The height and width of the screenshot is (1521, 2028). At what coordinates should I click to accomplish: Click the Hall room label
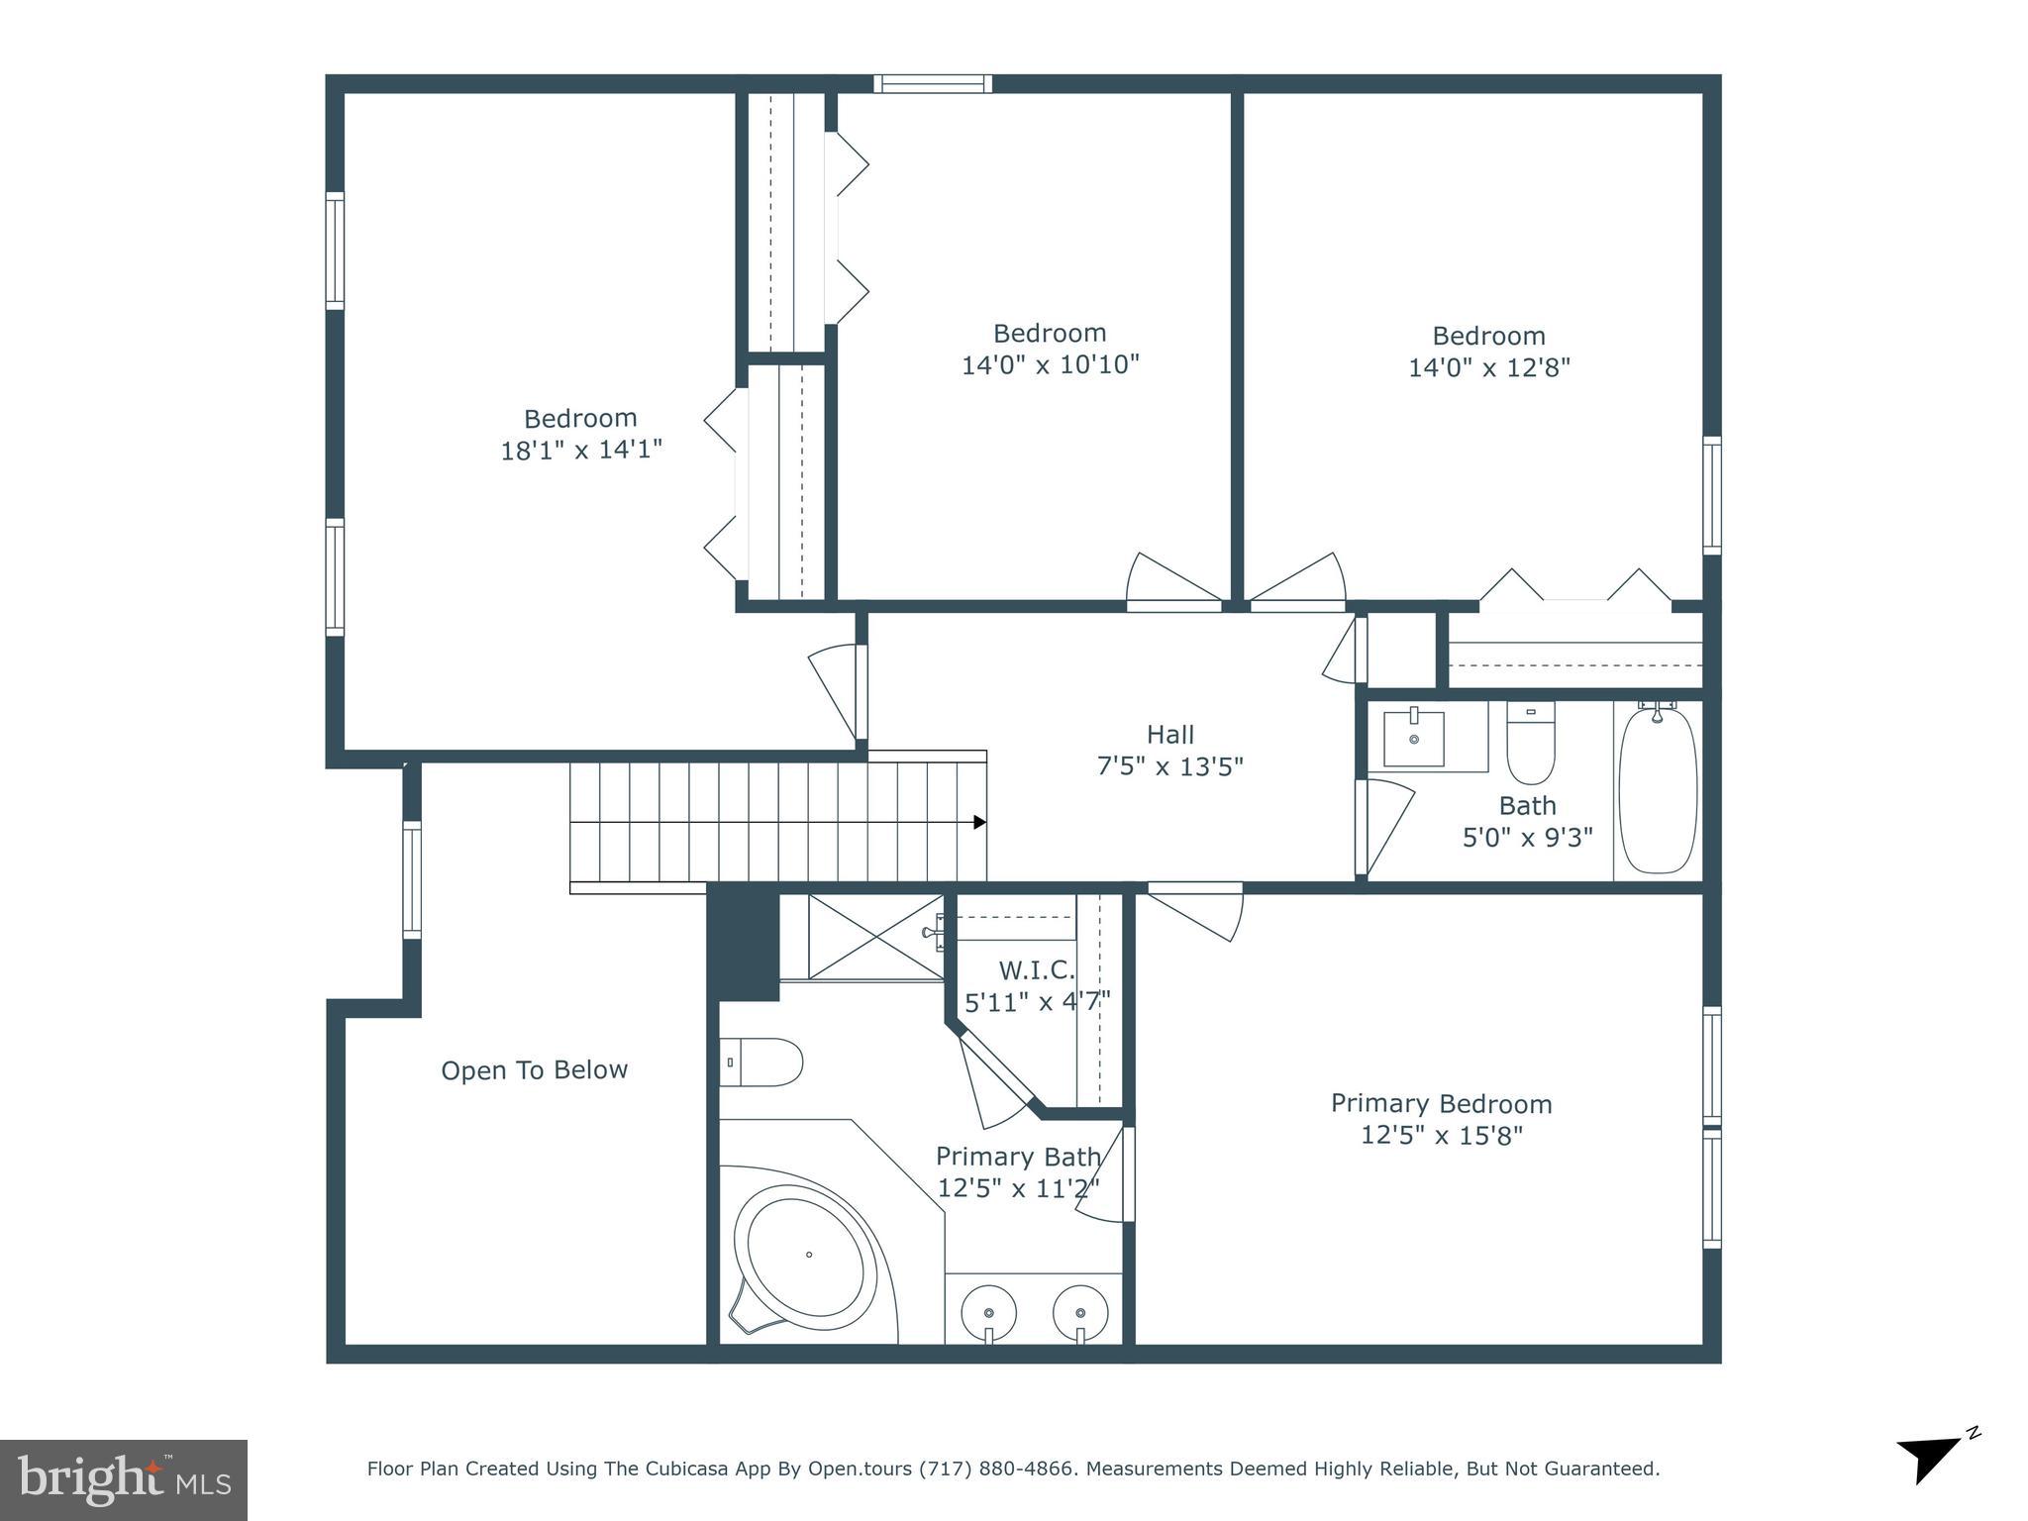(1169, 735)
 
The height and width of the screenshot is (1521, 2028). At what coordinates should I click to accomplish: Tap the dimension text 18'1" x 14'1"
(581, 451)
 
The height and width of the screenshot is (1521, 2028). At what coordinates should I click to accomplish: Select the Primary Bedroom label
(1441, 1103)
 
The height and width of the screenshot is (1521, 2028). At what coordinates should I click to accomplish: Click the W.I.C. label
(1036, 969)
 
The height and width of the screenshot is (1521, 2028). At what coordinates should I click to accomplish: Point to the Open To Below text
(534, 1070)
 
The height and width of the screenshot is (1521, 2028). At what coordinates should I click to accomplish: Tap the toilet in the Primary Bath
(762, 1063)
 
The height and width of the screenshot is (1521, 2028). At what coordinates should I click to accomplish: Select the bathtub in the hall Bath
(1658, 788)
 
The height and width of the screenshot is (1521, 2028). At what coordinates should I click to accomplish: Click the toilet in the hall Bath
(1530, 743)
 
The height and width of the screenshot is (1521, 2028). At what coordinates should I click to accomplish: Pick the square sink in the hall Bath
(1413, 738)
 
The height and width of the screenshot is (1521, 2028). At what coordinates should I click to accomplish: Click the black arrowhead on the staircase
(979, 822)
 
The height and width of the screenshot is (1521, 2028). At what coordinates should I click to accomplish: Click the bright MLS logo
(124, 1479)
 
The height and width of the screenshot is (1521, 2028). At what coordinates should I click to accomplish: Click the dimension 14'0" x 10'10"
(1051, 365)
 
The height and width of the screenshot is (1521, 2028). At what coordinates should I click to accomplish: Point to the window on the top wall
(932, 83)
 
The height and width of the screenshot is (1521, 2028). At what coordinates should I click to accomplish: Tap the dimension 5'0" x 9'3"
(1527, 839)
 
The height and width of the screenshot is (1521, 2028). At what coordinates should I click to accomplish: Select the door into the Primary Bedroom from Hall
(1196, 909)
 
